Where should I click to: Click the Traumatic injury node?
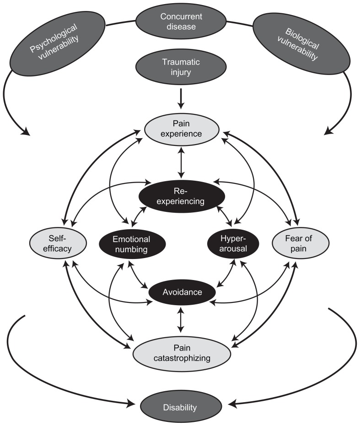point(182,67)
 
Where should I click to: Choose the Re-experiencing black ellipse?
point(182,196)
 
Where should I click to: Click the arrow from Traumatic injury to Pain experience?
point(182,98)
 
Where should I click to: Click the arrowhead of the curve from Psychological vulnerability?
point(26,133)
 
